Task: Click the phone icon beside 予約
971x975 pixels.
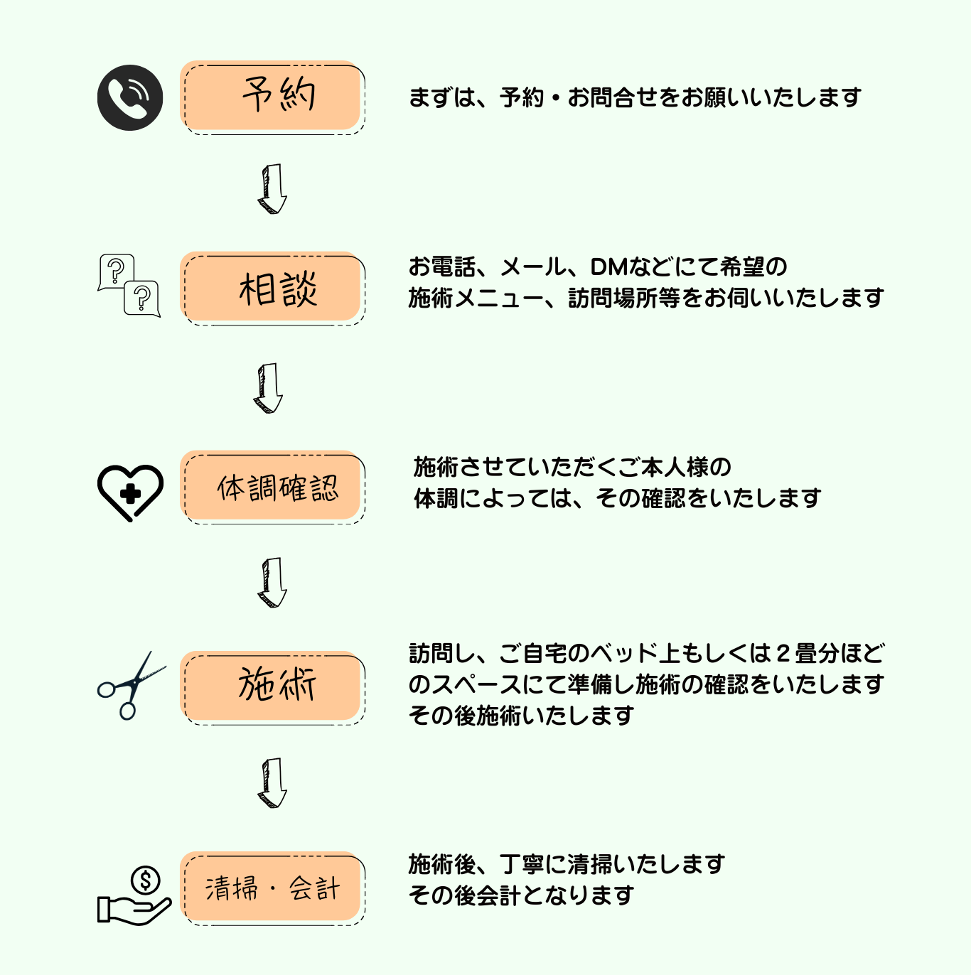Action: point(130,97)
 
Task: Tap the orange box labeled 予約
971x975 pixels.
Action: point(272,97)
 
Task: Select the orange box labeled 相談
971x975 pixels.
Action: point(272,289)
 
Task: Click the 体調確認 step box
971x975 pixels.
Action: point(272,487)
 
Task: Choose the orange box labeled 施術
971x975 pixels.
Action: point(272,687)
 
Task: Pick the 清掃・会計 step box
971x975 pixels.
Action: point(272,888)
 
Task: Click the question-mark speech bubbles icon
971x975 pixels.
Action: point(129,285)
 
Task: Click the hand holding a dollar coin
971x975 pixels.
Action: point(134,897)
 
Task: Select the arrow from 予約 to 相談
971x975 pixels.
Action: point(272,189)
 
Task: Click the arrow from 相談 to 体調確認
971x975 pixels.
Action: point(268,389)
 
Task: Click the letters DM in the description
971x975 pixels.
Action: point(608,267)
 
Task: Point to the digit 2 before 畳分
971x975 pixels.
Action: point(782,653)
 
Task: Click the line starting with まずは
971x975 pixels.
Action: point(634,97)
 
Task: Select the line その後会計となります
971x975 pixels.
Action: point(521,895)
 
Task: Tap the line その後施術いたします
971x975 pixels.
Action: point(521,715)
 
